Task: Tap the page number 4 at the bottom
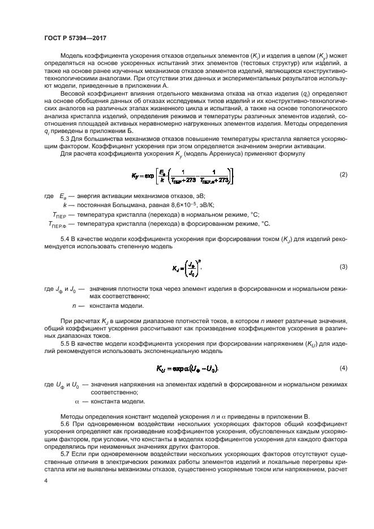(x=46, y=479)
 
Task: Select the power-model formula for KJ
(x=187, y=266)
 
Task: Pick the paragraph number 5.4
(x=66, y=241)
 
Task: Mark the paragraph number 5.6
(x=66, y=424)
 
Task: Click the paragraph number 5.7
(x=66, y=454)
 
